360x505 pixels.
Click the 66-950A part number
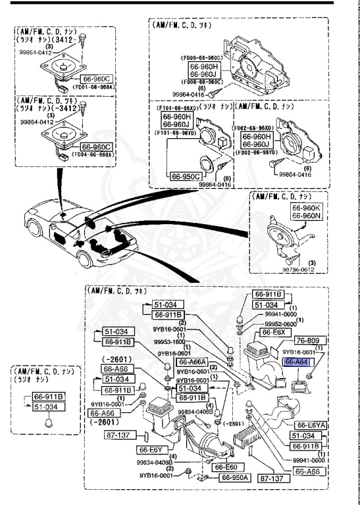(x=225, y=477)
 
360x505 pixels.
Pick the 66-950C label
(x=186, y=177)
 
